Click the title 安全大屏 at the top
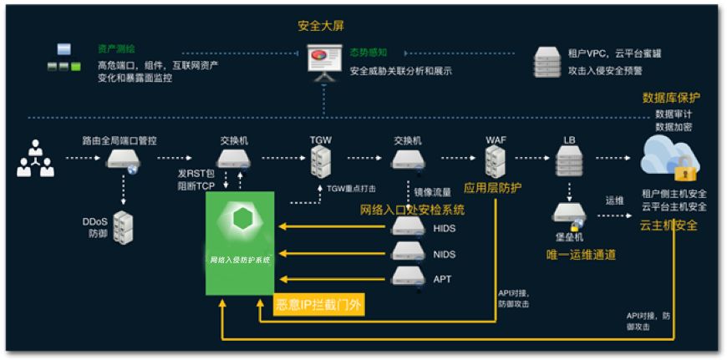tap(320, 25)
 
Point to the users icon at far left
tap(35, 160)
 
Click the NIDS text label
tap(445, 254)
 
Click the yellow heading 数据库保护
tap(671, 98)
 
